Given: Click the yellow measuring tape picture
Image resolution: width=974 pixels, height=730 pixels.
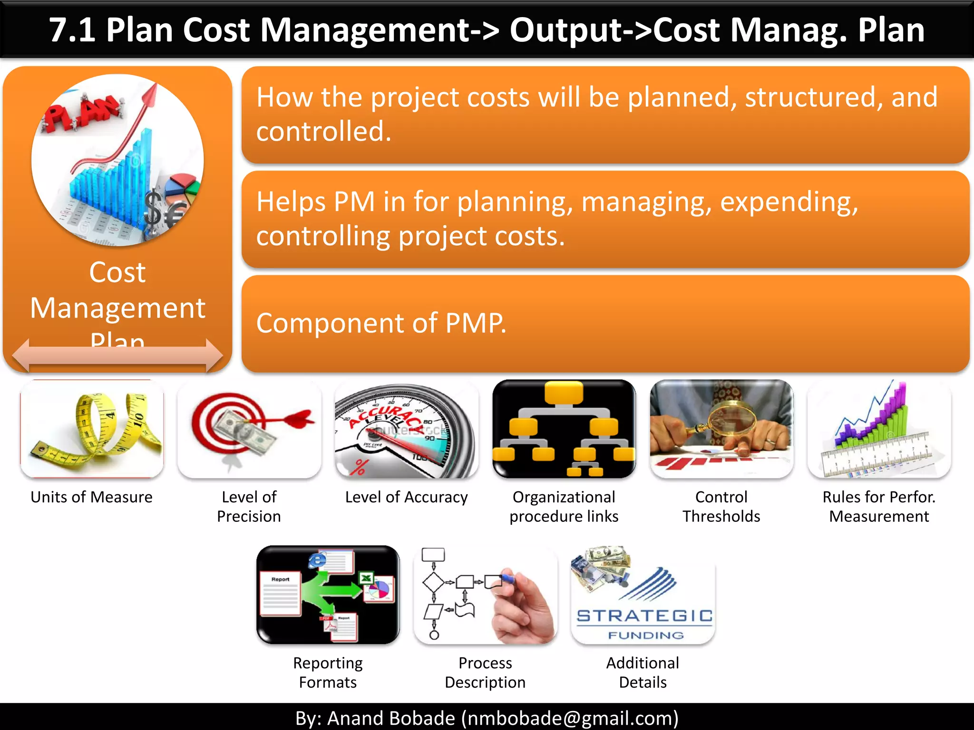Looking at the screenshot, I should (x=92, y=429).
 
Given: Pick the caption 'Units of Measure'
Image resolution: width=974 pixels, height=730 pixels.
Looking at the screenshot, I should (x=91, y=497).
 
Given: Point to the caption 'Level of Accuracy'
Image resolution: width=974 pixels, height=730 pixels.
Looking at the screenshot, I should (x=406, y=497).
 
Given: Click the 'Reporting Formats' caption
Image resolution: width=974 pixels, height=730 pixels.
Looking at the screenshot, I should (x=328, y=672).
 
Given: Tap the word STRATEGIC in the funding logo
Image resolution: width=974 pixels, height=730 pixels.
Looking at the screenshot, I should (x=644, y=616).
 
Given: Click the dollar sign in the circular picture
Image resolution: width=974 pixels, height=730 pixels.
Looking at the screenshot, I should (x=153, y=207).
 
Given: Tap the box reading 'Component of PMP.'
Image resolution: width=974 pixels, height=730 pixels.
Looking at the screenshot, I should (x=605, y=324).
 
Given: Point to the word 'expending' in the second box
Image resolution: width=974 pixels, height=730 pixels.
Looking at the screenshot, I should (x=789, y=202).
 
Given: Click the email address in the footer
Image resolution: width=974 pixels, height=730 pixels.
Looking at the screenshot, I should (x=570, y=718).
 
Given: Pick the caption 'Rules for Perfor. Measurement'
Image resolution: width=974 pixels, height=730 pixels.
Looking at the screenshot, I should (x=879, y=507).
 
